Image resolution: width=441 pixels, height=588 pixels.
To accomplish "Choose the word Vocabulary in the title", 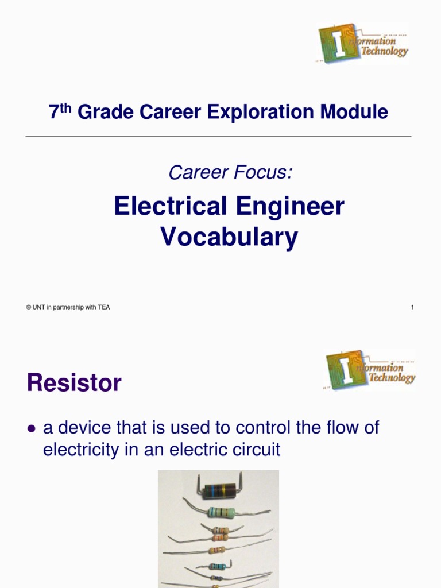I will pos(229,237).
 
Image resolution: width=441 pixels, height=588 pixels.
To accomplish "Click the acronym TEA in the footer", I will pos(103,307).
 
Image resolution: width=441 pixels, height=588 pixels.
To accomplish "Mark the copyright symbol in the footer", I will pos(28,307).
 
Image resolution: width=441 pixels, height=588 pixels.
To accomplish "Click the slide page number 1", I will pos(412,307).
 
